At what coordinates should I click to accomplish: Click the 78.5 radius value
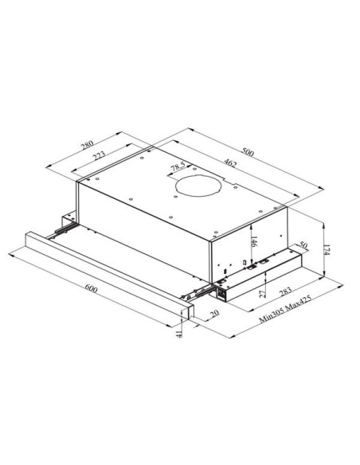click(x=178, y=167)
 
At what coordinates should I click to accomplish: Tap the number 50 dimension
click(x=303, y=245)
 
